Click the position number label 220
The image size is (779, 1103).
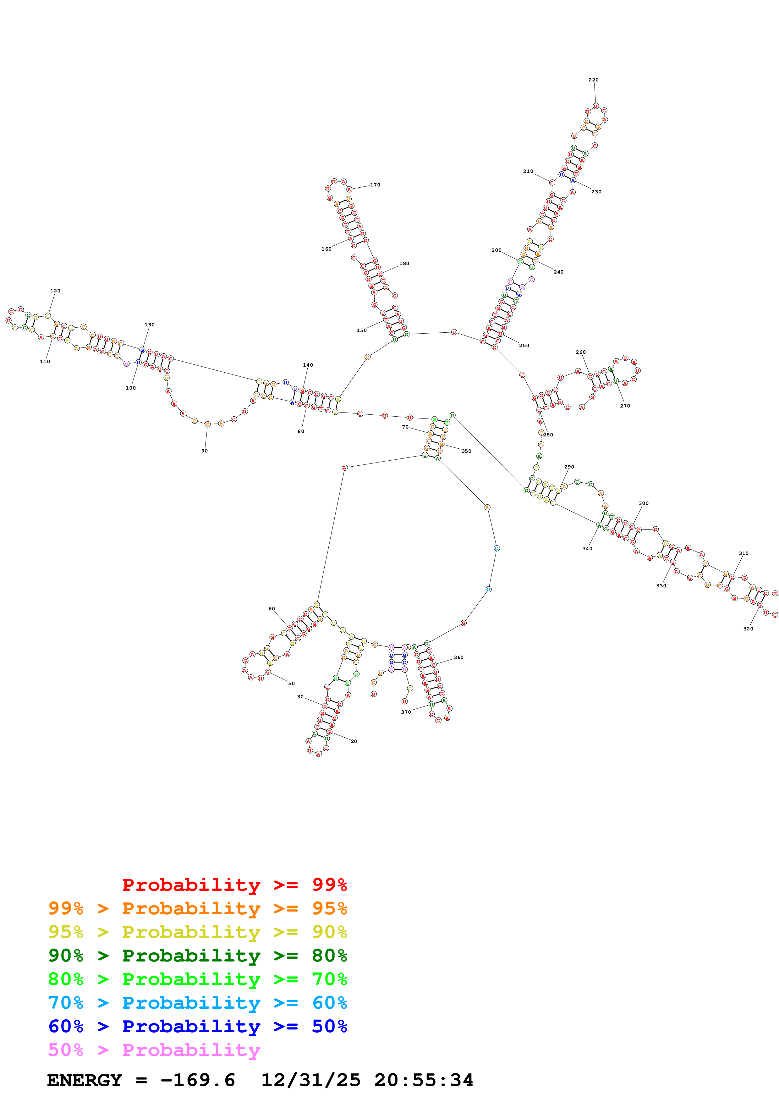[x=593, y=80]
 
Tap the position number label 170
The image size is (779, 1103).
[x=375, y=185]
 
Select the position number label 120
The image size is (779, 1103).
[x=55, y=291]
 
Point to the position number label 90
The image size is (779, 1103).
[x=205, y=451]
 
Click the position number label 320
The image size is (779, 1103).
[x=748, y=628]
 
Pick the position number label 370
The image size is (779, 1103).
[x=406, y=712]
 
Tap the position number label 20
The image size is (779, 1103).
[x=354, y=741]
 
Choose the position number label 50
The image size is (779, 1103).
[x=291, y=683]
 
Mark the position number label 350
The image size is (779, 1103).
[x=466, y=451]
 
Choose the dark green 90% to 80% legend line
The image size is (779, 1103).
[x=197, y=956]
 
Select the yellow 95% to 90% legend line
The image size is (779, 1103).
[x=197, y=932]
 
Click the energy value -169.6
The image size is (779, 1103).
[x=197, y=1080]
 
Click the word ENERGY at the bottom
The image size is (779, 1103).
[x=85, y=1080]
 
